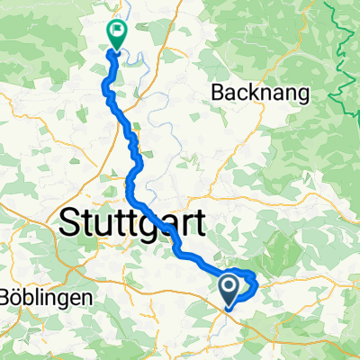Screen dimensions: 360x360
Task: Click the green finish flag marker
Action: tap(117, 33)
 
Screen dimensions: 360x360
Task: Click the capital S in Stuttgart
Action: tap(71, 223)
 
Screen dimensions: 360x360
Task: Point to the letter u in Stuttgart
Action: tap(104, 225)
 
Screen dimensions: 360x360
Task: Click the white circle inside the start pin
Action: tap(229, 285)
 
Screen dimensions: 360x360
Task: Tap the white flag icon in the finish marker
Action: tap(117, 30)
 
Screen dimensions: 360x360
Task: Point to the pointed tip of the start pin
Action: tap(229, 301)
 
